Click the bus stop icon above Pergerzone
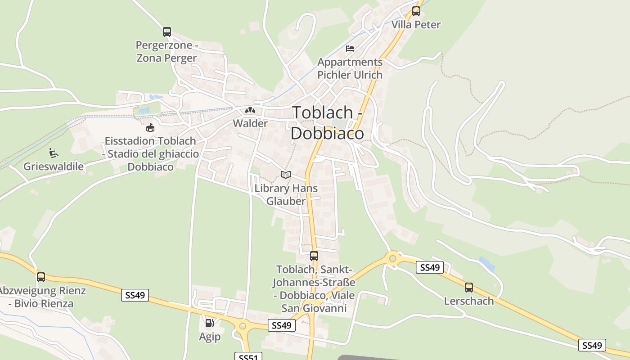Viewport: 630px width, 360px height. tap(167, 31)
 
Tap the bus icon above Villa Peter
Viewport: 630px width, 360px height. tap(416, 11)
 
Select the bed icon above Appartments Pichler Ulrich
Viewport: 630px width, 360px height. tap(350, 48)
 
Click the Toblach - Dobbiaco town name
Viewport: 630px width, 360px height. tap(327, 122)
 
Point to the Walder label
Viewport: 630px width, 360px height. tap(250, 123)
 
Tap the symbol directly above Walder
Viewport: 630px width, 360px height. tap(250, 110)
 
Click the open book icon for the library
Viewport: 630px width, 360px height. tap(286, 175)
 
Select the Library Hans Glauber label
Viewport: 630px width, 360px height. tap(286, 194)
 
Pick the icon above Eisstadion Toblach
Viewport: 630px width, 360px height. tap(150, 128)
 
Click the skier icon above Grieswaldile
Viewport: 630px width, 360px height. tap(54, 153)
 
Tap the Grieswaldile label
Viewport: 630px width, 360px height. tap(54, 166)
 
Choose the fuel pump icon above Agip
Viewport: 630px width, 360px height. tap(210, 323)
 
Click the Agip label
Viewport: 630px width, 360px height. tap(210, 337)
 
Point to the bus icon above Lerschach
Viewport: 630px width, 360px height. tap(469, 287)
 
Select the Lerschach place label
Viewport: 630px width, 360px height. tap(469, 301)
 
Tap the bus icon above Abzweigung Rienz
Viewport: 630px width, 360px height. tap(41, 277)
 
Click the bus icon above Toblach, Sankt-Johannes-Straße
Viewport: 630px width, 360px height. tap(314, 256)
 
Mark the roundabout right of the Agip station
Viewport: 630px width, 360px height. tap(243, 325)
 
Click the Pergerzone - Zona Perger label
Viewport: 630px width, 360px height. tap(167, 52)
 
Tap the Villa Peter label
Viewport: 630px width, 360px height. tap(416, 24)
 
